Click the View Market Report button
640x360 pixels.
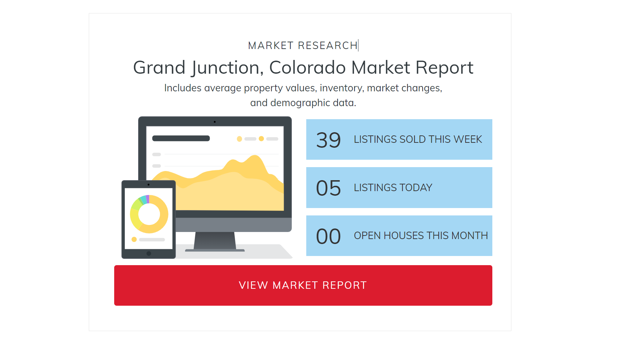click(303, 285)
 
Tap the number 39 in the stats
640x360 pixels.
click(328, 140)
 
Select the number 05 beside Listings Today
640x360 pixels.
click(328, 188)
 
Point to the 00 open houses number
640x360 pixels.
click(328, 236)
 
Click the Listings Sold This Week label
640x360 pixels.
click(418, 139)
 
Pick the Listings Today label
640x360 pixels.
click(393, 188)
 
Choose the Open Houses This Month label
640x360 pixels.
click(421, 236)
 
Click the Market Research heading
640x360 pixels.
click(303, 45)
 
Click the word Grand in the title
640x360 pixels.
click(159, 67)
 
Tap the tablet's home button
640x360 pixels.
click(149, 254)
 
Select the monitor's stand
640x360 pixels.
click(215, 241)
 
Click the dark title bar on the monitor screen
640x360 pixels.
click(181, 138)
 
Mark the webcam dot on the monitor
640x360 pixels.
click(215, 122)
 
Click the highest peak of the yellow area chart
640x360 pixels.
click(254, 156)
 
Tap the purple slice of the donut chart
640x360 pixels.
click(148, 199)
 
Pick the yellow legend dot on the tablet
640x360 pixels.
click(134, 239)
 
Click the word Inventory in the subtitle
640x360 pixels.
click(341, 88)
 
